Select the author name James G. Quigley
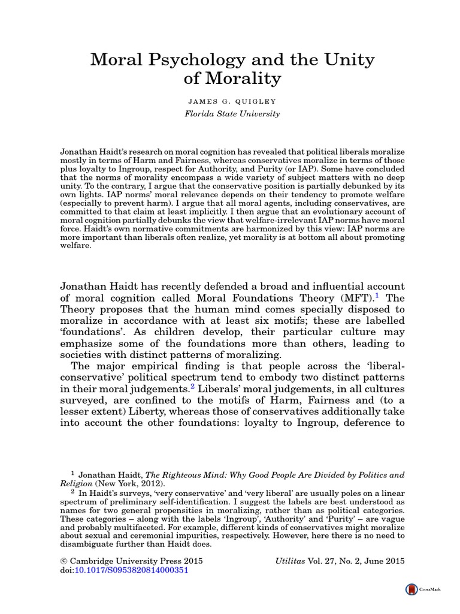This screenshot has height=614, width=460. (x=231, y=100)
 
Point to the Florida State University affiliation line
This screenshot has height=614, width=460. (x=231, y=113)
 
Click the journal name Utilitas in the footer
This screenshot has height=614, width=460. (x=287, y=561)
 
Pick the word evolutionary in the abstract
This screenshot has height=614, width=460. (x=337, y=214)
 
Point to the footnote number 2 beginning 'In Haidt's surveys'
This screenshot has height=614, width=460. (x=73, y=492)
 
